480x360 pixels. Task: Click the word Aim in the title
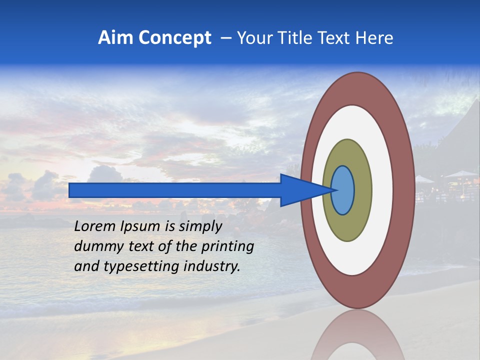(115, 38)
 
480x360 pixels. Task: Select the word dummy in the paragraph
(95, 246)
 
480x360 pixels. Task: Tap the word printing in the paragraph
(227, 246)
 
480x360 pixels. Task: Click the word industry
(212, 266)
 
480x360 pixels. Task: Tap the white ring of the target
(382, 190)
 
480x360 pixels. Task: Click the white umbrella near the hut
(460, 174)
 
